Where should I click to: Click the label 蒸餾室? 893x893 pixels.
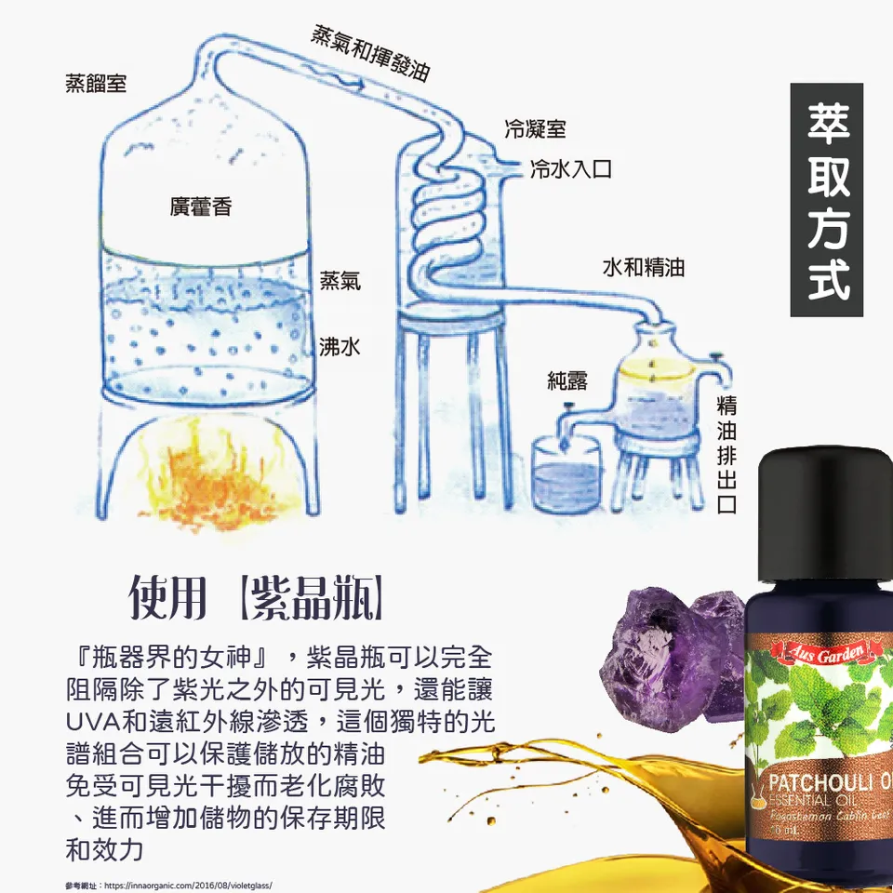click(x=96, y=84)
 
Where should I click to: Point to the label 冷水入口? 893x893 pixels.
click(x=569, y=169)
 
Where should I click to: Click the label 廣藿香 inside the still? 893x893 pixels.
click(x=200, y=207)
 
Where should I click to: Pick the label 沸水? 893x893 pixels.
click(x=339, y=347)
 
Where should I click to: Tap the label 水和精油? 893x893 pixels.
click(x=644, y=268)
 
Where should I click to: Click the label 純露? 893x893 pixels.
click(x=567, y=380)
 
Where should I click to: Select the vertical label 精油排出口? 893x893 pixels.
click(x=727, y=455)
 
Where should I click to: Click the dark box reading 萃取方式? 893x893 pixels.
click(x=827, y=200)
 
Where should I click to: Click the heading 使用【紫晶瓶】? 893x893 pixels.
click(x=256, y=600)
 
